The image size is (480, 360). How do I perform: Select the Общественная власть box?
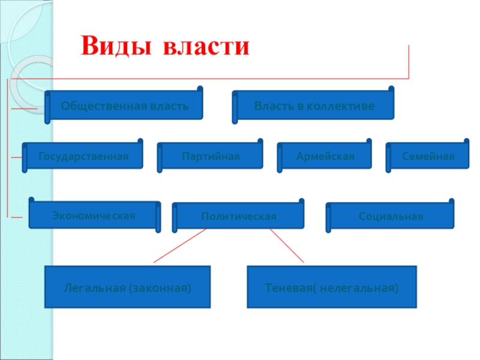click(125, 106)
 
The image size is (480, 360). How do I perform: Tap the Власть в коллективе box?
click(314, 106)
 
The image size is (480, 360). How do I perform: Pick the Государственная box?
click(83, 156)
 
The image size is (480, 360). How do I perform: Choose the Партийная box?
click(211, 156)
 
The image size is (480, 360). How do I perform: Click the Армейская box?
click(325, 156)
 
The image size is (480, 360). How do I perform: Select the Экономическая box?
click(94, 215)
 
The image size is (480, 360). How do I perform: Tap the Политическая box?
click(239, 216)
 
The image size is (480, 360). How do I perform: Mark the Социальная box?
click(391, 216)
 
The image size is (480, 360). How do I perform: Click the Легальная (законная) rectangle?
click(128, 288)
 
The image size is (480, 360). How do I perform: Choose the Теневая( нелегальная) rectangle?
click(332, 288)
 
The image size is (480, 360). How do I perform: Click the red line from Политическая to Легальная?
click(180, 246)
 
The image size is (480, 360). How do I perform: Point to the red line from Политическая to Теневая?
click(287, 246)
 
